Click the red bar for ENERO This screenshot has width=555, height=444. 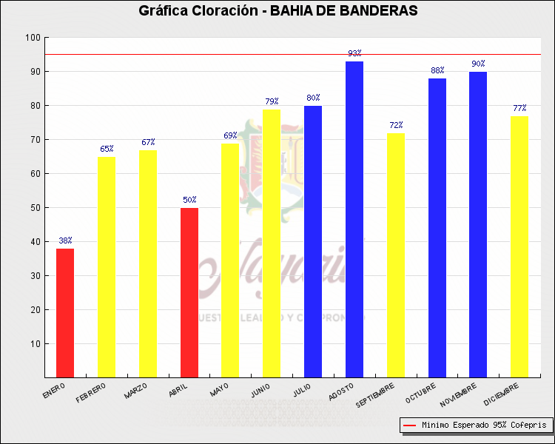point(65,313)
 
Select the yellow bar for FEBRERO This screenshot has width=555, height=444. point(107,266)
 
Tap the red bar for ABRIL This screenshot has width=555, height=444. point(189,292)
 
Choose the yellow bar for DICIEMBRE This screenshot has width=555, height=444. point(519,246)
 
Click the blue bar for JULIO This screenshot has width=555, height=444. point(313,241)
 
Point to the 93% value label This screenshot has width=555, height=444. point(354,53)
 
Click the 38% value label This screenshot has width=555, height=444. point(65,240)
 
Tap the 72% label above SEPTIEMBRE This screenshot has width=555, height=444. point(396,125)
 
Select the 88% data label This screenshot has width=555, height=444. point(437,70)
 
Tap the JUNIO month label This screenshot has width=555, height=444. point(260,391)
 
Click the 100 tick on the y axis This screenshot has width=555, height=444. point(33,38)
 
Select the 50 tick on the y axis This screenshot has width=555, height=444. point(35,208)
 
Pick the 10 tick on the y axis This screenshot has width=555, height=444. point(35,344)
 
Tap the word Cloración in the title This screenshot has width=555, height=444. point(216,10)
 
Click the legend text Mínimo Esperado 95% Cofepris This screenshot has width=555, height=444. point(484,425)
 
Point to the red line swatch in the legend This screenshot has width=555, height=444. point(409,425)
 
